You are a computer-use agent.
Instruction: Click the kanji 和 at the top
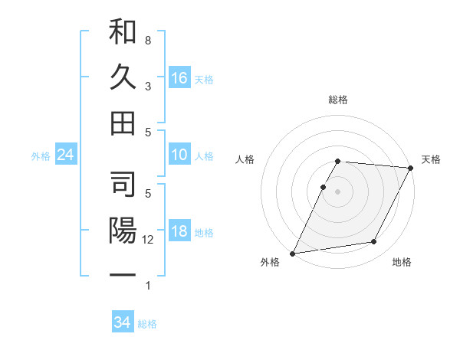pos(123,32)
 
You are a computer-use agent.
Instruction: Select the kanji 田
pos(123,123)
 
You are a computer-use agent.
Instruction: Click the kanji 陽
pos(123,231)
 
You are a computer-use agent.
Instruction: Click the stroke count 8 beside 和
pos(147,40)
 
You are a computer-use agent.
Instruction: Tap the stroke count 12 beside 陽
pos(149,240)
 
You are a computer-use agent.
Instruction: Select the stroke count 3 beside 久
pos(147,86)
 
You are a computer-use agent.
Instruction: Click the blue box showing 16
pos(179,78)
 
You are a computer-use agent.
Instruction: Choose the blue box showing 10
pos(179,155)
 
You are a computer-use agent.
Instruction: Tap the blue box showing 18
pos(179,232)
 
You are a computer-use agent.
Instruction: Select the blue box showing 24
pos(66,155)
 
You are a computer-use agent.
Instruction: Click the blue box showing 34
pos(123,322)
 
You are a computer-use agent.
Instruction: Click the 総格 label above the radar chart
pos(338,100)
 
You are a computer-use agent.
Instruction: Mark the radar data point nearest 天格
pos(411,168)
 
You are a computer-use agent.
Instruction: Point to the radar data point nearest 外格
pos(293,253)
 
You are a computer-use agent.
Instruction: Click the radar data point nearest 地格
pos(374,242)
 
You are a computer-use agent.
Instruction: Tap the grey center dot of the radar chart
pos(338,191)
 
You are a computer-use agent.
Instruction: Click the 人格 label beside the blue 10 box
pos(204,156)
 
